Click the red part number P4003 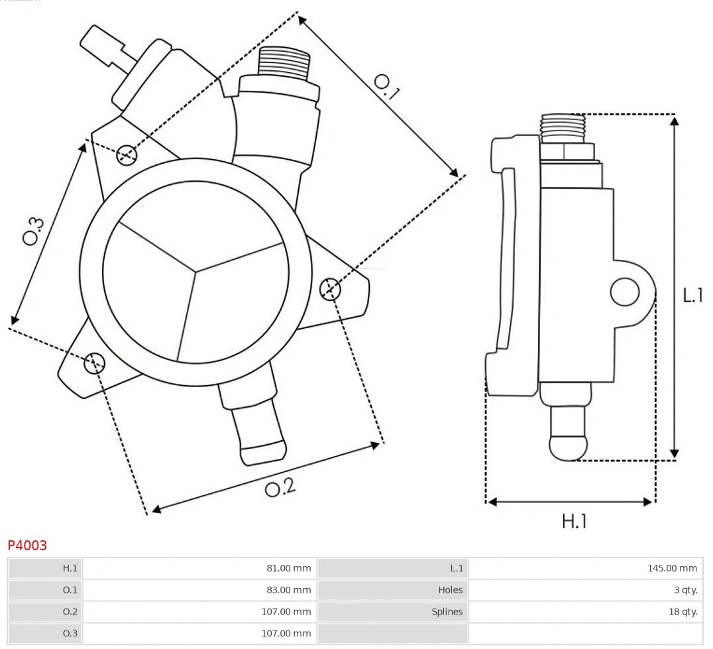coord(27,546)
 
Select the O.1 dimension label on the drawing coord(386,86)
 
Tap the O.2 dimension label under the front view coord(280,488)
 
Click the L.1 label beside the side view coord(692,295)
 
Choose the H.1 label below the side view coord(574,521)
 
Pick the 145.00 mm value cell coord(672,568)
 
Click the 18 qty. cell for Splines coord(682,612)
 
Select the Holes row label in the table coord(450,590)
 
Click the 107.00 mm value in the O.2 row coord(286,612)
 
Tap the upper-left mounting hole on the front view coord(126,155)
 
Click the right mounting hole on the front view coord(329,289)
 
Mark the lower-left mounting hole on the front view coord(94,362)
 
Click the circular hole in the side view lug coord(624,292)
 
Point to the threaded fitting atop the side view coord(563,127)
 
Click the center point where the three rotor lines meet coord(195,270)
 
